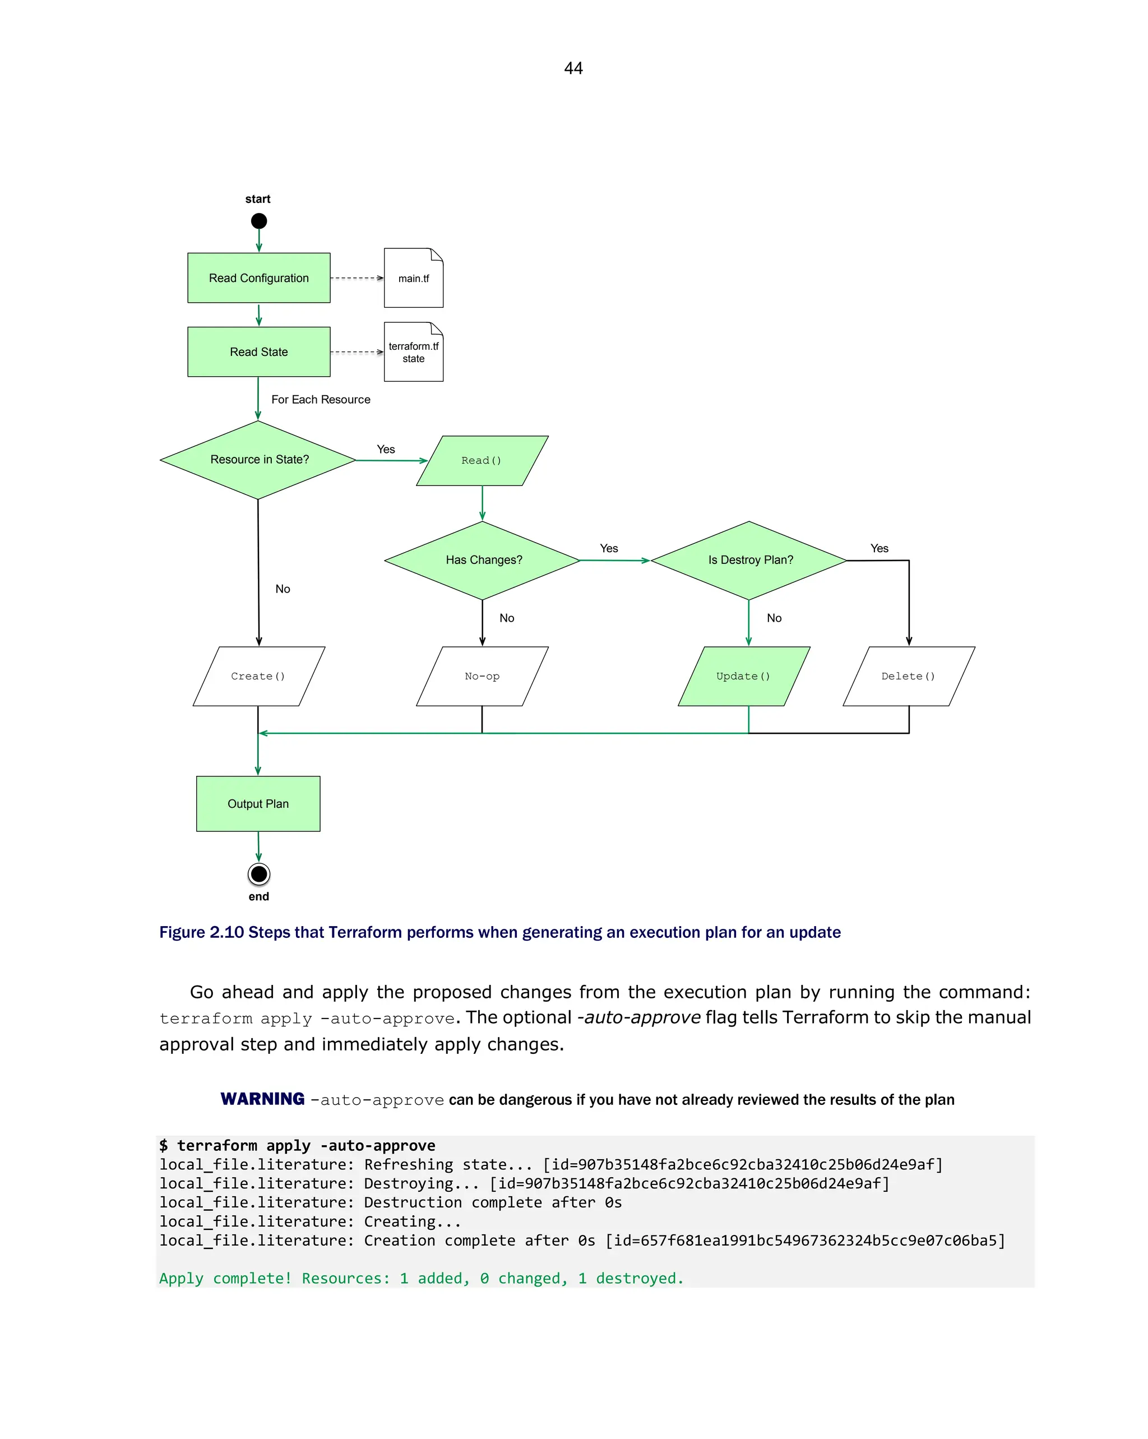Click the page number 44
click(573, 68)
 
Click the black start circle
click(259, 221)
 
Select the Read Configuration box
click(259, 277)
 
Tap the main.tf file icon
click(413, 278)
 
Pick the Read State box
click(259, 351)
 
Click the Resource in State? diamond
click(258, 460)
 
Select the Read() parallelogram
click(482, 461)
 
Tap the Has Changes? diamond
click(483, 560)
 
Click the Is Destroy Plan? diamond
click(749, 560)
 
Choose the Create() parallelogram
click(258, 676)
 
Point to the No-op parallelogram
click(482, 676)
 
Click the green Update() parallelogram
click(743, 676)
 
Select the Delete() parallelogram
click(909, 676)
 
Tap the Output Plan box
click(258, 804)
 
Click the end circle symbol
click(259, 874)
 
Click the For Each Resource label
click(321, 399)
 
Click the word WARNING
click(262, 1099)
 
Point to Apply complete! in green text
click(225, 1278)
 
